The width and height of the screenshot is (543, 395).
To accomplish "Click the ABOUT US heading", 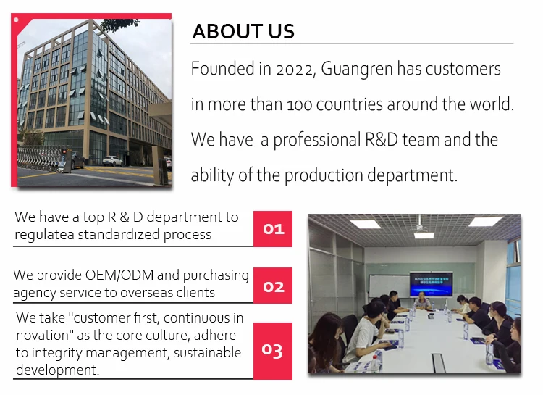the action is pyautogui.click(x=243, y=31).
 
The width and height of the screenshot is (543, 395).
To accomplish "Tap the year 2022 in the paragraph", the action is pyautogui.click(x=295, y=70).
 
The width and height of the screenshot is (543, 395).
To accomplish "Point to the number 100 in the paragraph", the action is pyautogui.click(x=300, y=105).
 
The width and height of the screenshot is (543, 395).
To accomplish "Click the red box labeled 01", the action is pyautogui.click(x=273, y=228).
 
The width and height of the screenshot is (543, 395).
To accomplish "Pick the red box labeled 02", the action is pyautogui.click(x=273, y=286).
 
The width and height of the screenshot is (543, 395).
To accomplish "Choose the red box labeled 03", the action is pyautogui.click(x=273, y=351).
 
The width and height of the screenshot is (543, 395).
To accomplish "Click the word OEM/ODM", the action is pyautogui.click(x=119, y=275).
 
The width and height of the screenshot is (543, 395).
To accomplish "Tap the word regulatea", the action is pyautogui.click(x=44, y=235).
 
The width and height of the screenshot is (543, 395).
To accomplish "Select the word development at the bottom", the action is pyautogui.click(x=57, y=370).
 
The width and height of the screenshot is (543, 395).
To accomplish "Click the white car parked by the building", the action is pyautogui.click(x=112, y=161).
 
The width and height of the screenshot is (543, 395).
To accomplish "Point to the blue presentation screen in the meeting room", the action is pyautogui.click(x=431, y=284).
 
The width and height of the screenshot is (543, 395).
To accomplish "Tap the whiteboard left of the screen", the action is pyautogui.click(x=389, y=286).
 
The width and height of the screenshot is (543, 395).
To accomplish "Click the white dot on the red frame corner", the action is pyautogui.click(x=16, y=20).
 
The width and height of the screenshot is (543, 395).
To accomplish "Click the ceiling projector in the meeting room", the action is pyautogui.click(x=421, y=227).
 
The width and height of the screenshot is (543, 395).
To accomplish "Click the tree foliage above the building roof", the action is pyautogui.click(x=119, y=24).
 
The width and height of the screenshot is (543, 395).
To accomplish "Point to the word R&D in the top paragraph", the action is pyautogui.click(x=382, y=139).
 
